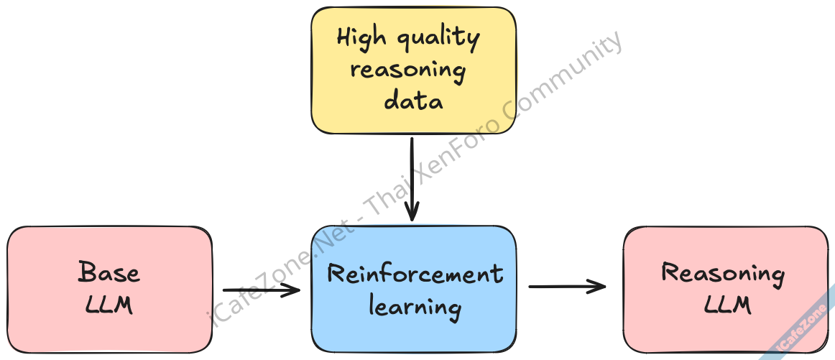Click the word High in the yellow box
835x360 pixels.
click(361, 37)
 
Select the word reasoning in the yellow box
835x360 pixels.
click(407, 71)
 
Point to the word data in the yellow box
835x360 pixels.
click(413, 101)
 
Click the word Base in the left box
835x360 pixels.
click(109, 273)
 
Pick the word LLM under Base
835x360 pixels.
click(109, 305)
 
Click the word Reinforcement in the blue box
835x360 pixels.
click(415, 274)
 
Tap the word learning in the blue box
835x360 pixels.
click(415, 308)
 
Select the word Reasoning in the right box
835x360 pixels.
click(723, 274)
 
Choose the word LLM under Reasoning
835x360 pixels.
click(728, 305)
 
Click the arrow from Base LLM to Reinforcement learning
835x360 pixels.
click(260, 290)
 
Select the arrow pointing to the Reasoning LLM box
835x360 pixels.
click(567, 287)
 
